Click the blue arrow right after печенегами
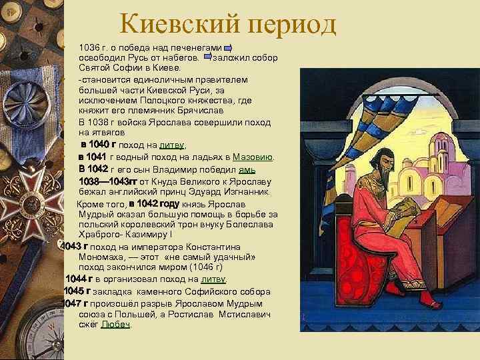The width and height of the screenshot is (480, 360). coord(228,49)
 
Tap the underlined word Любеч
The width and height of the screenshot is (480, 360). coord(116,324)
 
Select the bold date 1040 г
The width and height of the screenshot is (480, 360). coord(98,144)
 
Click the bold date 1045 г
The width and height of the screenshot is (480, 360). coord(77,291)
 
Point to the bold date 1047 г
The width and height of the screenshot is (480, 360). coord(75,303)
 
